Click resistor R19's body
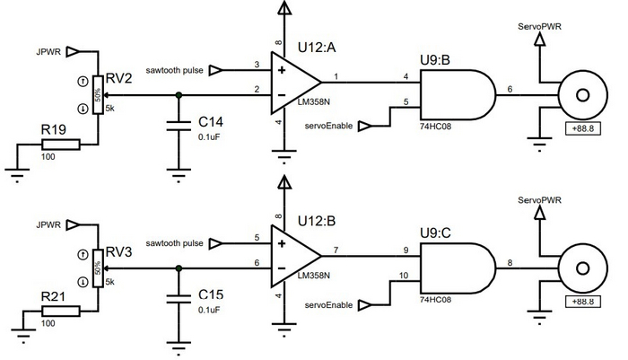[x=67, y=144]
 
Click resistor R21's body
[x=67, y=312]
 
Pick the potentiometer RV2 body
[x=96, y=94]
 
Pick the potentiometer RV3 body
[x=96, y=268]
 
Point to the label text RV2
[x=119, y=80]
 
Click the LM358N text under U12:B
[x=314, y=276]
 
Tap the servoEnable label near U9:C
[x=327, y=306]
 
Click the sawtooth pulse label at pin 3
[x=175, y=69]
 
